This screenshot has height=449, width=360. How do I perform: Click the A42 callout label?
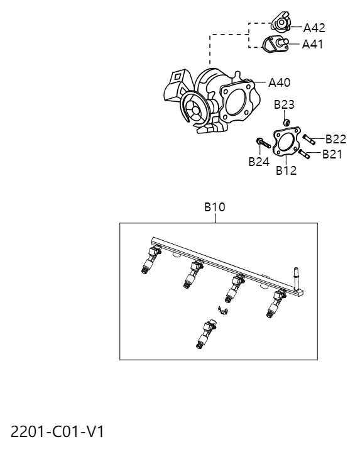314,28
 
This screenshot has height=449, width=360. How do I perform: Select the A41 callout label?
313,44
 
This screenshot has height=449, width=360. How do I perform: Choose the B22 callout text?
335,139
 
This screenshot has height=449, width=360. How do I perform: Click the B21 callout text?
332,154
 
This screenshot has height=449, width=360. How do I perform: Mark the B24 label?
258,162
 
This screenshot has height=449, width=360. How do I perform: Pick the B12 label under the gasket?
286,171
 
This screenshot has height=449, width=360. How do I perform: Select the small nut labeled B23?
285,121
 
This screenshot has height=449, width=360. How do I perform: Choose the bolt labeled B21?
303,152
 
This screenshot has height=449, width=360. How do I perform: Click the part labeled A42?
280,25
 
